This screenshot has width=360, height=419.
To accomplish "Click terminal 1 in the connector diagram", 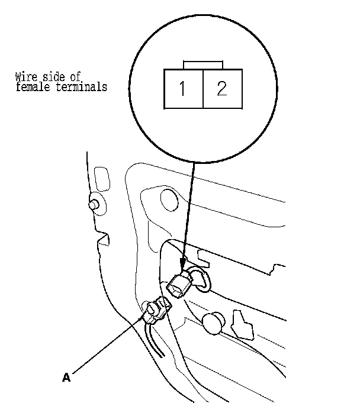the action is click(x=183, y=89).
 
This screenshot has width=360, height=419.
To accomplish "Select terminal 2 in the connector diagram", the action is click(x=221, y=89).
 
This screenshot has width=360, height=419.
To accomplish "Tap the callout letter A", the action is click(x=66, y=376).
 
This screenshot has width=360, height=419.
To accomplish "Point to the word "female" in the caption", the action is click(x=31, y=87).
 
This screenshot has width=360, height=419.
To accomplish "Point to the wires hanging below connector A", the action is click(x=153, y=340).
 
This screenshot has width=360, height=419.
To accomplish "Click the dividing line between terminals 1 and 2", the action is click(x=202, y=89).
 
